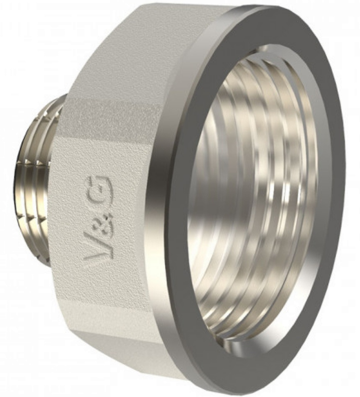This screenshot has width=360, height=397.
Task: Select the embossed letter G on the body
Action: (101, 187)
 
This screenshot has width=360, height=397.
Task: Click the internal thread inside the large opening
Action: (254, 190)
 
